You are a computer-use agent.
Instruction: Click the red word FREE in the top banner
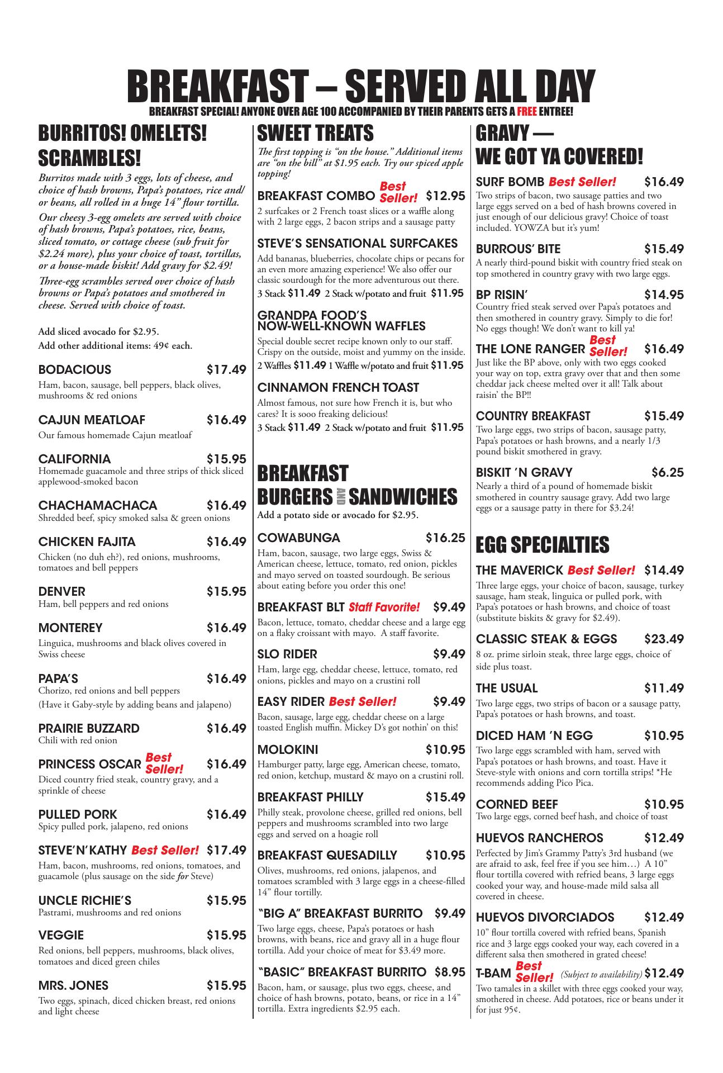[526, 112]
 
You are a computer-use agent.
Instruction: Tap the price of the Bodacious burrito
[226, 370]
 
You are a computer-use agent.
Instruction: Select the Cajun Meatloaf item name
[92, 420]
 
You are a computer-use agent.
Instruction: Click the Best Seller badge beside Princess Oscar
[164, 763]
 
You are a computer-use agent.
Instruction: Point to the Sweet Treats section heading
[315, 134]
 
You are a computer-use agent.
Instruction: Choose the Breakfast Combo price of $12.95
[445, 196]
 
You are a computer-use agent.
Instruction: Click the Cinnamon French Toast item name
[338, 387]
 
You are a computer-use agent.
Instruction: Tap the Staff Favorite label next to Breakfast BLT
[384, 607]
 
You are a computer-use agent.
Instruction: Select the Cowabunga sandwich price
[445, 538]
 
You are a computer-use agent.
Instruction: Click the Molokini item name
[288, 750]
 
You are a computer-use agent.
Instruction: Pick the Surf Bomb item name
[510, 182]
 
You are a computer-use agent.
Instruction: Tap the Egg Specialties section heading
[542, 544]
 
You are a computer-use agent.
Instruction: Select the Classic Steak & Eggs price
[664, 639]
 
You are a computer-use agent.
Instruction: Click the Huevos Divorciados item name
[545, 917]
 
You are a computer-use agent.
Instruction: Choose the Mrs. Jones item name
[73, 985]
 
